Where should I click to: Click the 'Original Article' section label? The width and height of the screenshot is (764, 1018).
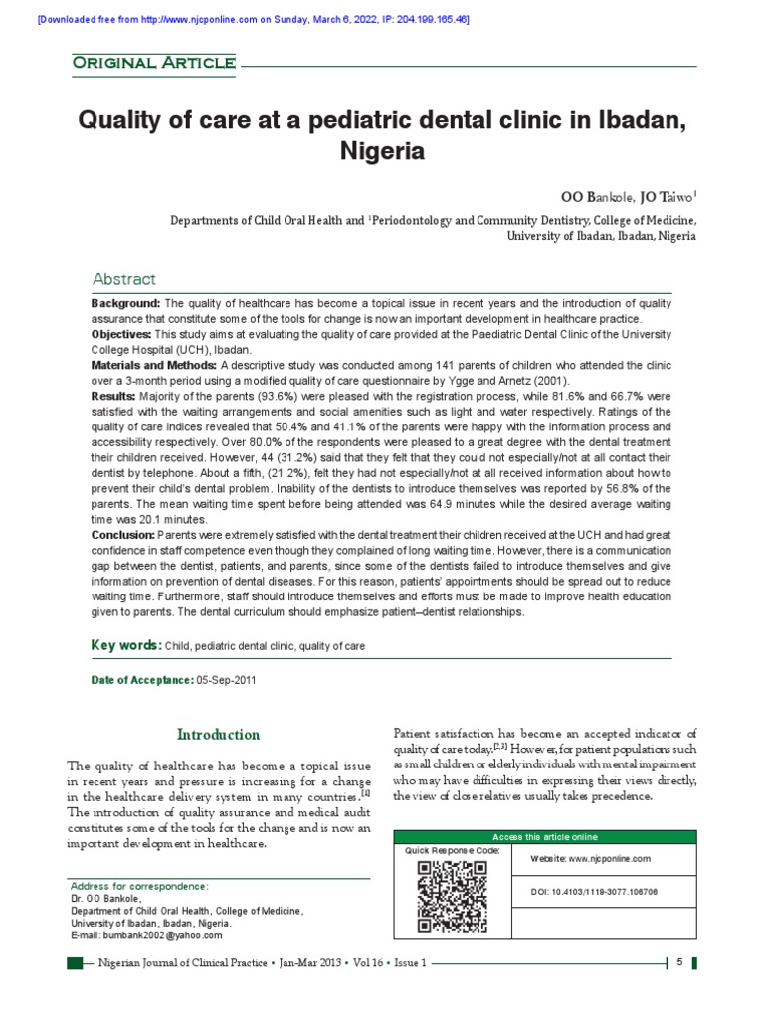pyautogui.click(x=153, y=64)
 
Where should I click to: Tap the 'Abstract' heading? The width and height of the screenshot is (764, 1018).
pyautogui.click(x=123, y=279)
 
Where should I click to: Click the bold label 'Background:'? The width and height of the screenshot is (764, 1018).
pyautogui.click(x=126, y=302)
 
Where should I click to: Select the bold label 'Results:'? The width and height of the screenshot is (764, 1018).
pyautogui.click(x=113, y=397)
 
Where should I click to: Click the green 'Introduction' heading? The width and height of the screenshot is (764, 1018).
pyautogui.click(x=218, y=735)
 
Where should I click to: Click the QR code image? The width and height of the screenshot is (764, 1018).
pyautogui.click(x=452, y=895)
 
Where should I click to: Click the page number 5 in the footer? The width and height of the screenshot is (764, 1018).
pyautogui.click(x=678, y=963)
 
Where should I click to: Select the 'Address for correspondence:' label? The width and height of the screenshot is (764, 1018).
pyautogui.click(x=138, y=885)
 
